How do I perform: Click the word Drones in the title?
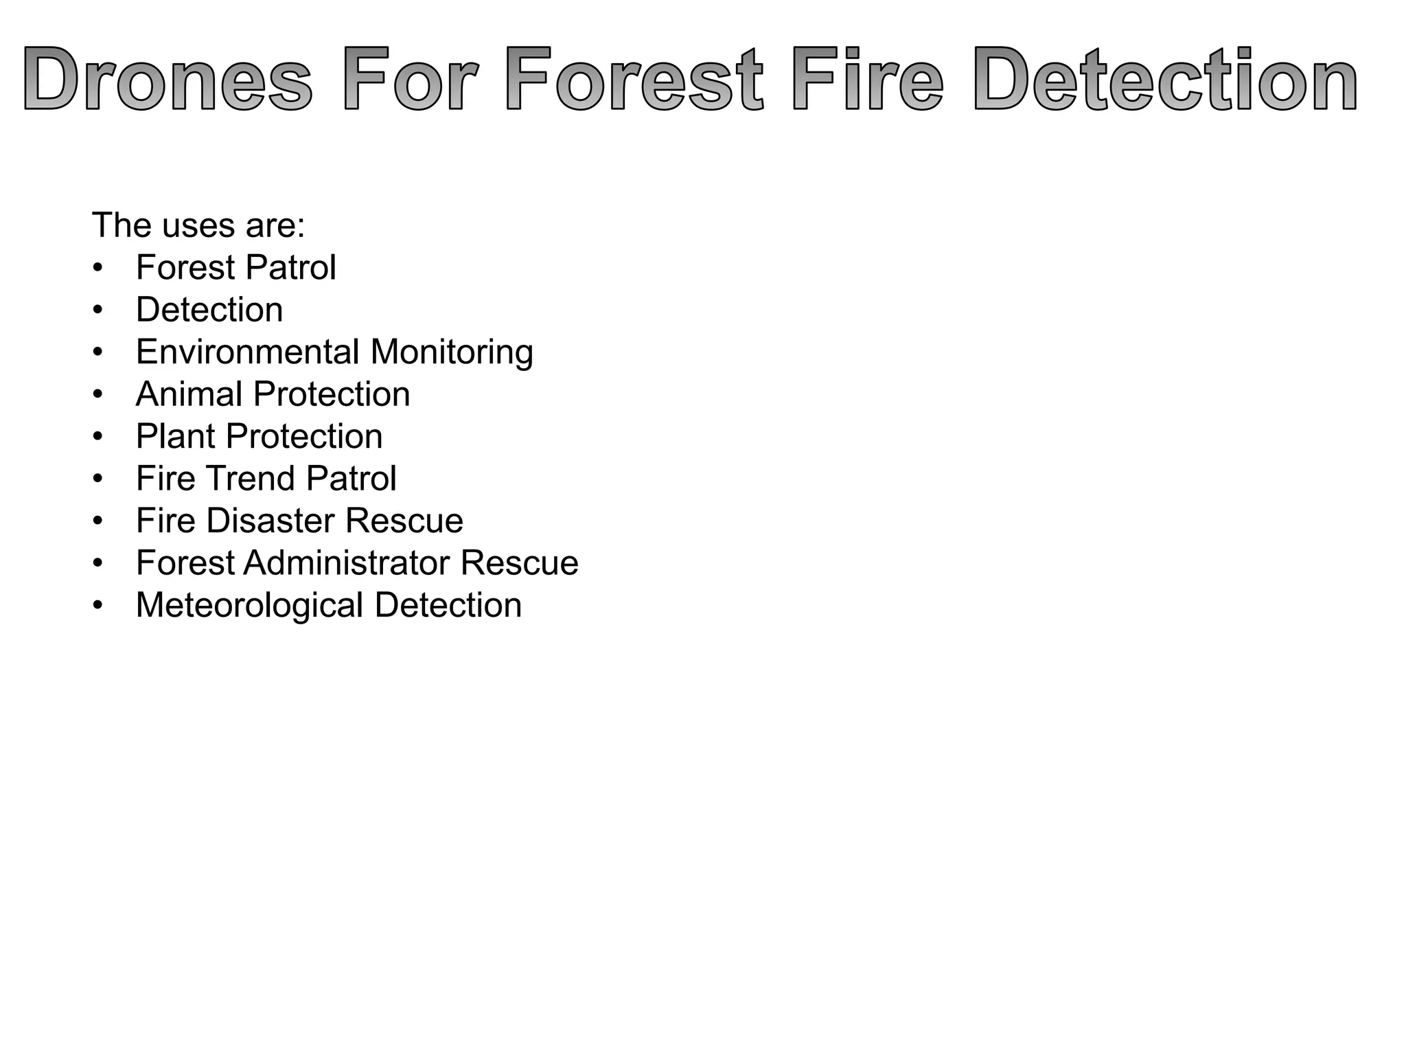(x=168, y=79)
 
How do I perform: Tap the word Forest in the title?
(x=635, y=79)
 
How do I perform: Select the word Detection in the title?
(x=1165, y=79)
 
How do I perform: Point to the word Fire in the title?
(x=867, y=79)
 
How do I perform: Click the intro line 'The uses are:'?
(x=198, y=225)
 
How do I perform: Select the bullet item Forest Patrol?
(x=235, y=267)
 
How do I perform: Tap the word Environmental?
(x=248, y=352)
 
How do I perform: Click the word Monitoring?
(x=452, y=352)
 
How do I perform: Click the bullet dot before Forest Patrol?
(x=98, y=268)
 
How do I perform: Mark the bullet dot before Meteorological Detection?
(x=98, y=606)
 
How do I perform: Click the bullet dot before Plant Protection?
(x=98, y=437)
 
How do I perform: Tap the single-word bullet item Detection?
(x=209, y=310)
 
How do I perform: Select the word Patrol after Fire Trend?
(x=351, y=479)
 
